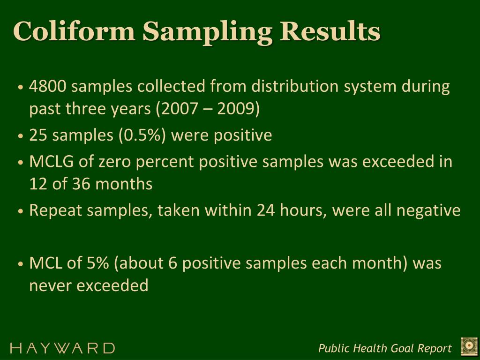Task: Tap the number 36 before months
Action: pyautogui.click(x=82, y=184)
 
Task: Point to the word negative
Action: pyautogui.click(x=428, y=210)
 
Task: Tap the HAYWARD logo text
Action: pyautogui.click(x=62, y=348)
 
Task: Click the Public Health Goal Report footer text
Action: pyautogui.click(x=385, y=348)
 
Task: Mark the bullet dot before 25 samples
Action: pyautogui.click(x=21, y=136)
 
